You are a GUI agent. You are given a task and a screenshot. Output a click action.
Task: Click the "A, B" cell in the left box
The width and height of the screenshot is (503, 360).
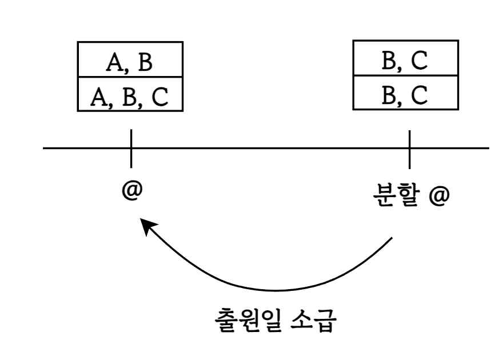click(130, 62)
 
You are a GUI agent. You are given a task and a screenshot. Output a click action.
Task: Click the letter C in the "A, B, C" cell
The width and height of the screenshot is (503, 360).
click(160, 97)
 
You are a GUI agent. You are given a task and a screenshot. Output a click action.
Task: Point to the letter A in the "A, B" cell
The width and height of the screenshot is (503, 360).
click(113, 62)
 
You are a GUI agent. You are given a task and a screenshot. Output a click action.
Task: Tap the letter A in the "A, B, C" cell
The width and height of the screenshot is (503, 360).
click(98, 97)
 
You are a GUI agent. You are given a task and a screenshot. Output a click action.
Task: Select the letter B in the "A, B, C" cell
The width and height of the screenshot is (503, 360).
click(130, 97)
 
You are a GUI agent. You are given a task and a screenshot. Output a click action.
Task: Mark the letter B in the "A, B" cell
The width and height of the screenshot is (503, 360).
click(145, 62)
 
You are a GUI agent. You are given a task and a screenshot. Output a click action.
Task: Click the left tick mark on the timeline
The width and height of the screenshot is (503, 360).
click(131, 148)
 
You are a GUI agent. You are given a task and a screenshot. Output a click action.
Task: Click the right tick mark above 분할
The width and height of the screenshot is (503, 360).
click(409, 148)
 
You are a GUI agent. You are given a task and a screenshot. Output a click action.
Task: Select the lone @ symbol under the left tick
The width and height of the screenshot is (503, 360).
click(131, 190)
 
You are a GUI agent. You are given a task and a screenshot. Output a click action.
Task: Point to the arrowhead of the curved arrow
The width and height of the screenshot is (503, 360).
click(147, 227)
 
